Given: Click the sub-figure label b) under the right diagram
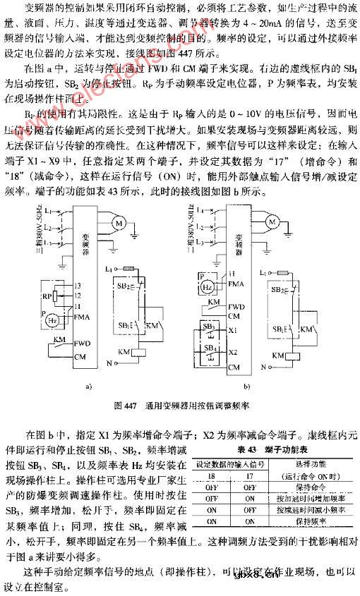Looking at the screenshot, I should pyautogui.click(x=247, y=387).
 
